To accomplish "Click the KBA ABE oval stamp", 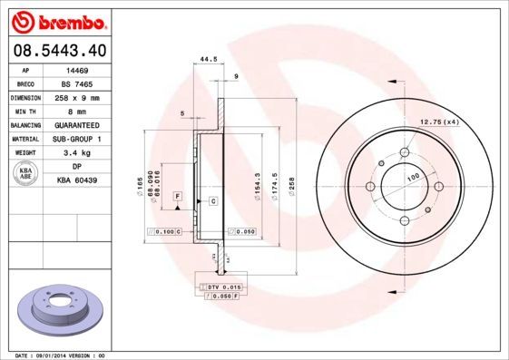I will click(x=27, y=174).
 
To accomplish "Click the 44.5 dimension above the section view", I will click(x=209, y=60).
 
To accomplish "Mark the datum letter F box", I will click(x=178, y=196).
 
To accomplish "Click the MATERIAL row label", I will click(x=24, y=139).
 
